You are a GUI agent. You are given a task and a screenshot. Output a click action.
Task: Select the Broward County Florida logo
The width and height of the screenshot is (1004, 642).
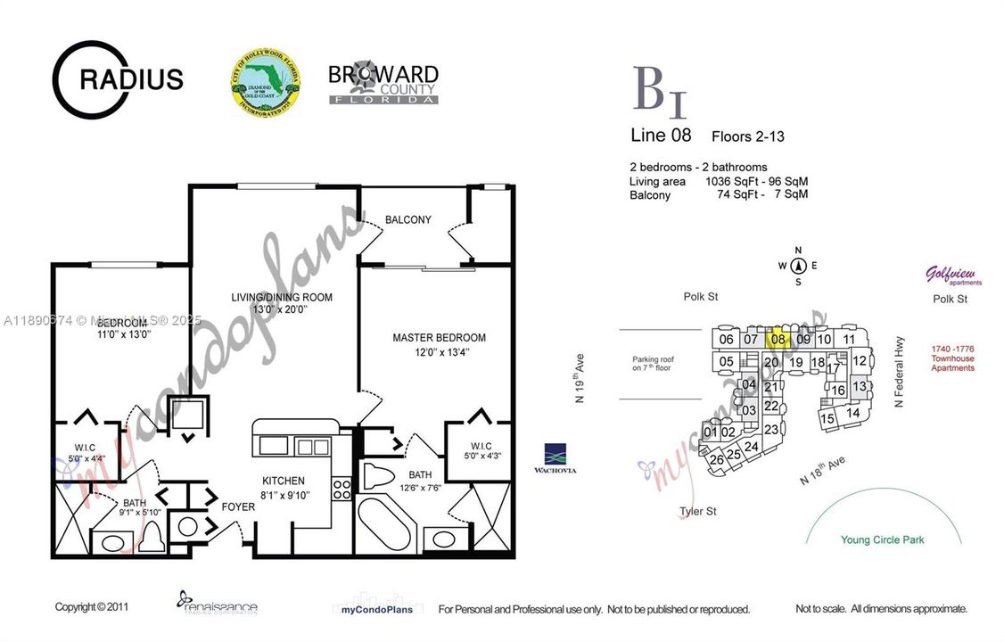coord(383,84)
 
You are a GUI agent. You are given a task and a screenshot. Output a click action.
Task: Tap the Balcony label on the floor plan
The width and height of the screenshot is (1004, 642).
coord(407,219)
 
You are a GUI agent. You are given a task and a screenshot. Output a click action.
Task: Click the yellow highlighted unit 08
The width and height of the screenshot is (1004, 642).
coord(778,339)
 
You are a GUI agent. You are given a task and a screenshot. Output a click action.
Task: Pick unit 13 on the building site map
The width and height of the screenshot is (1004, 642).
coord(859,386)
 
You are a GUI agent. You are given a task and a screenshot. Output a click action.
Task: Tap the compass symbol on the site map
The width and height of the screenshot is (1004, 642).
coord(798,265)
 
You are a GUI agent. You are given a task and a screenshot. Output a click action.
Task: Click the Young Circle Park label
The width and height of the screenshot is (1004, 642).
coord(883,539)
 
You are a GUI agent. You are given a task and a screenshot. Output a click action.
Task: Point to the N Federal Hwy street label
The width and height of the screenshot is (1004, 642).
coord(900,372)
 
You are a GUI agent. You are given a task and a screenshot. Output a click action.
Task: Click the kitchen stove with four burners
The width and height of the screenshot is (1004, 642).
coord(342,489)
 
